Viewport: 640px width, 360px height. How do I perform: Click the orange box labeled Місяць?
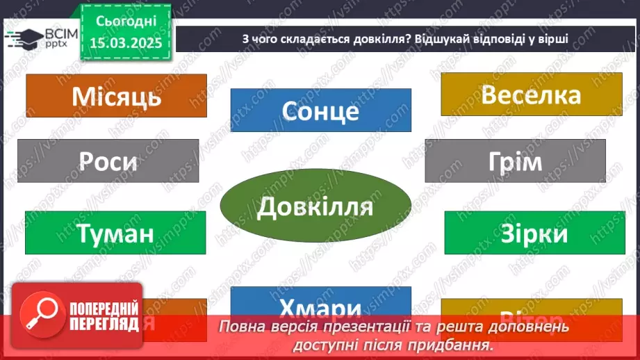point(116,96)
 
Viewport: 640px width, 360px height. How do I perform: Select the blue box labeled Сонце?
point(320,111)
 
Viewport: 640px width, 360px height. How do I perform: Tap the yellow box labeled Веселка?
point(531,95)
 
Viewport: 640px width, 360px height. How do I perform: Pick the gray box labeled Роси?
point(108,161)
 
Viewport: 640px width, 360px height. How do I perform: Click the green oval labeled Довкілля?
point(315,206)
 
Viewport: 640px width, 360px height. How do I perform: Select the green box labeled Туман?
point(115,233)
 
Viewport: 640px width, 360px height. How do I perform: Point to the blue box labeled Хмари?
point(320,306)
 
